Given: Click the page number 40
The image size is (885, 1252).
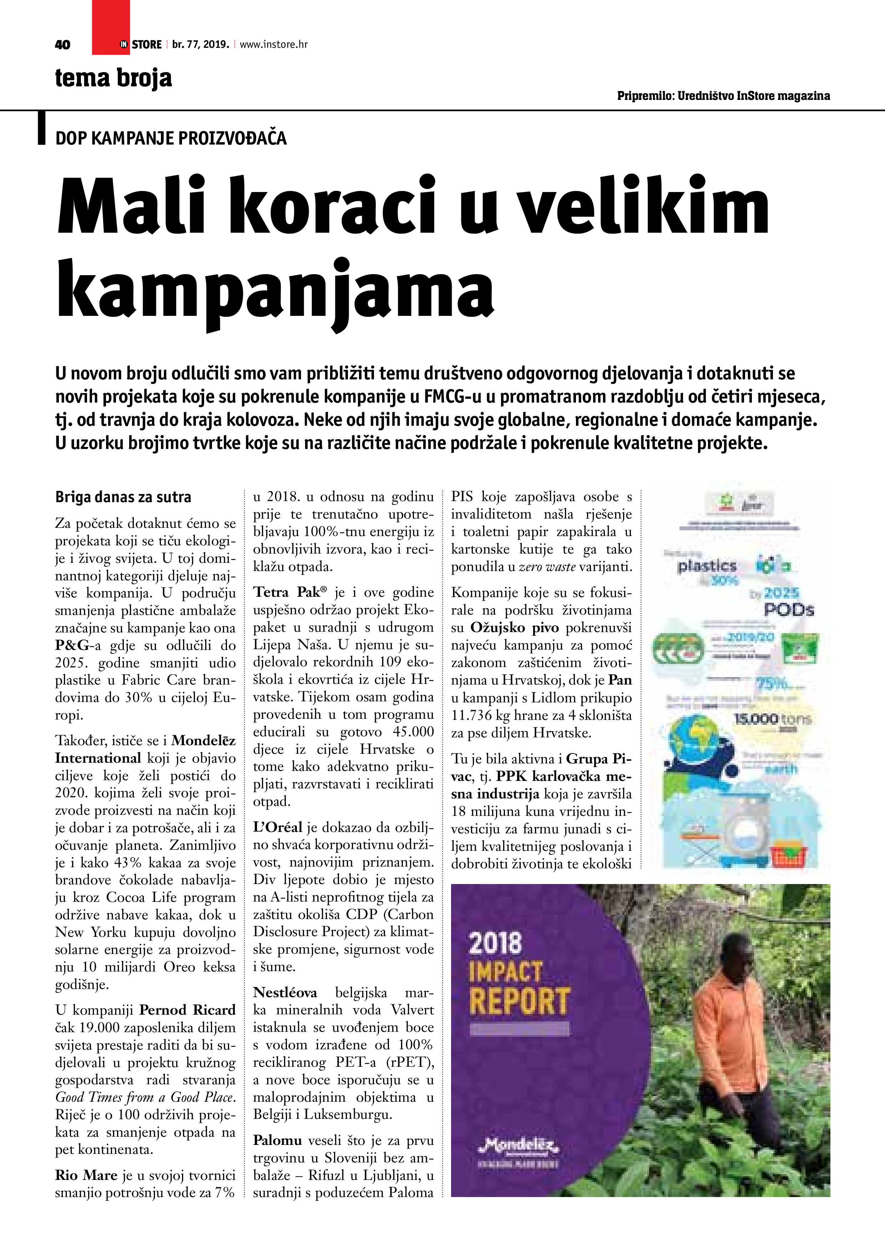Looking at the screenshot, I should [63, 45].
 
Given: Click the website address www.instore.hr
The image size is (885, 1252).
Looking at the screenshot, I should [273, 45].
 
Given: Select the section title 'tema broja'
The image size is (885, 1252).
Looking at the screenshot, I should [113, 78].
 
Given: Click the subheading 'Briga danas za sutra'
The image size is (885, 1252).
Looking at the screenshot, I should [123, 497].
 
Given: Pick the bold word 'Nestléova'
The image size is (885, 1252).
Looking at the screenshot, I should [285, 992].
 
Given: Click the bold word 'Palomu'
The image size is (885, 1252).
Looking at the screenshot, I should [277, 1140].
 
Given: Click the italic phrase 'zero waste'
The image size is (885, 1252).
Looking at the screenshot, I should [547, 566].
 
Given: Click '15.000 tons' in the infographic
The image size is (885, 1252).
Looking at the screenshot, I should [773, 719].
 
